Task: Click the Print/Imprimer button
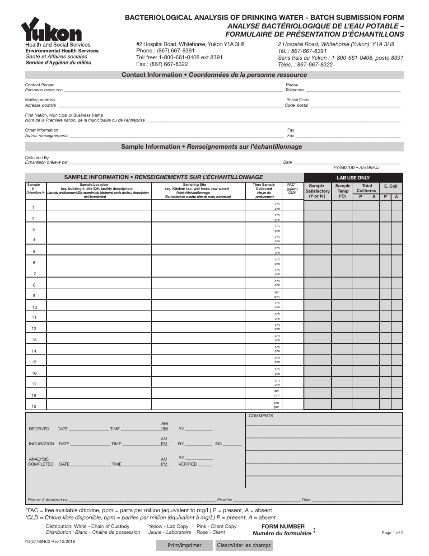(185, 545)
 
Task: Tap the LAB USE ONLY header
(353, 178)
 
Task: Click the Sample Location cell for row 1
(98, 206)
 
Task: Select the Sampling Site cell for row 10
(198, 305)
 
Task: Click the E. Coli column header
(391, 186)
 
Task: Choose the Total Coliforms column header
(366, 188)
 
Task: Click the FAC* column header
(292, 188)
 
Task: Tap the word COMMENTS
(261, 416)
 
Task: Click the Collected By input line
(175, 163)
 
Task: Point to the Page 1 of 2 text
(392, 533)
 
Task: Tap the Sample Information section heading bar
(214, 147)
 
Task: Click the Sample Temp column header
(343, 188)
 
